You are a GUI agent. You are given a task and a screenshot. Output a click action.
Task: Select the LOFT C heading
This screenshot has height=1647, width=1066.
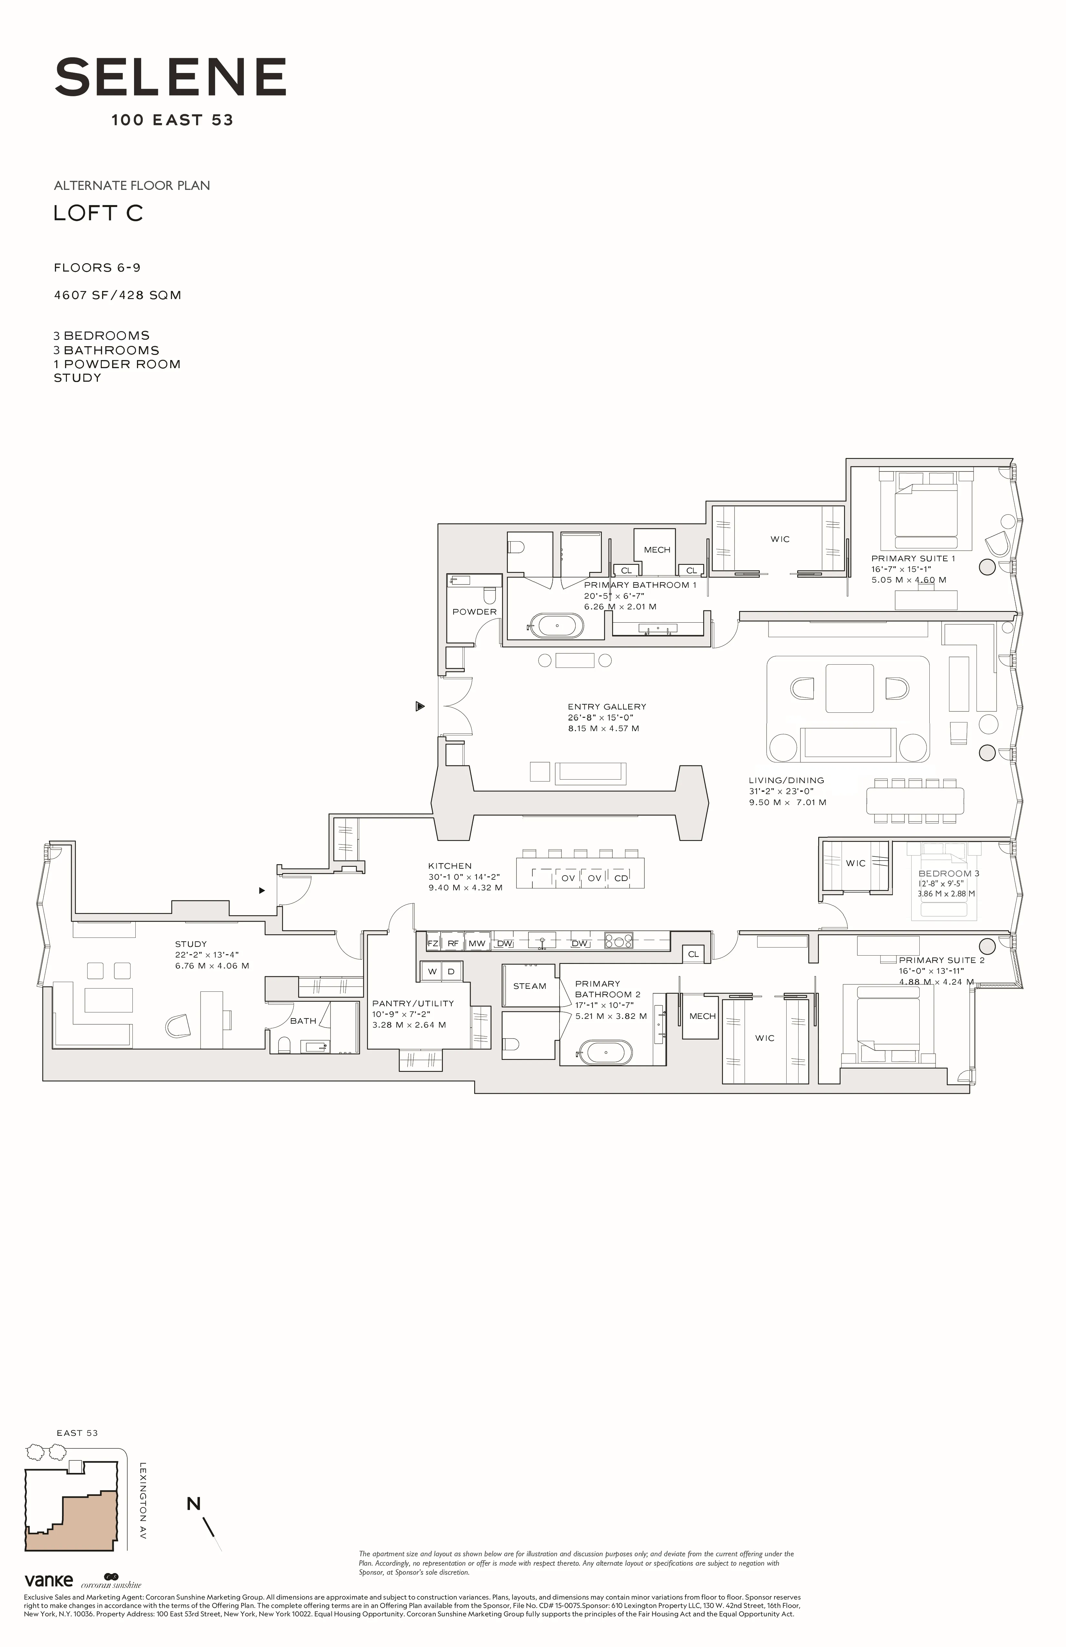coord(98,213)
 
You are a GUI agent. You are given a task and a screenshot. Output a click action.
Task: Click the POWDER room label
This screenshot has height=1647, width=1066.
coord(474,612)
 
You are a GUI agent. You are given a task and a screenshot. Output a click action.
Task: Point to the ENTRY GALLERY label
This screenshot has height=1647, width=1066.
coord(606,707)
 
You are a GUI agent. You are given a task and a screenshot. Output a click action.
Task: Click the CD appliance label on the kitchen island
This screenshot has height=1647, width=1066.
coord(621,878)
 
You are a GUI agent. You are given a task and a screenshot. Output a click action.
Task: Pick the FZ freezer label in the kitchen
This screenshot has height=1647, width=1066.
coord(433,943)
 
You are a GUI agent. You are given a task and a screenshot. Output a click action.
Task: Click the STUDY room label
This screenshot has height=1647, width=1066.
coord(190,944)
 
